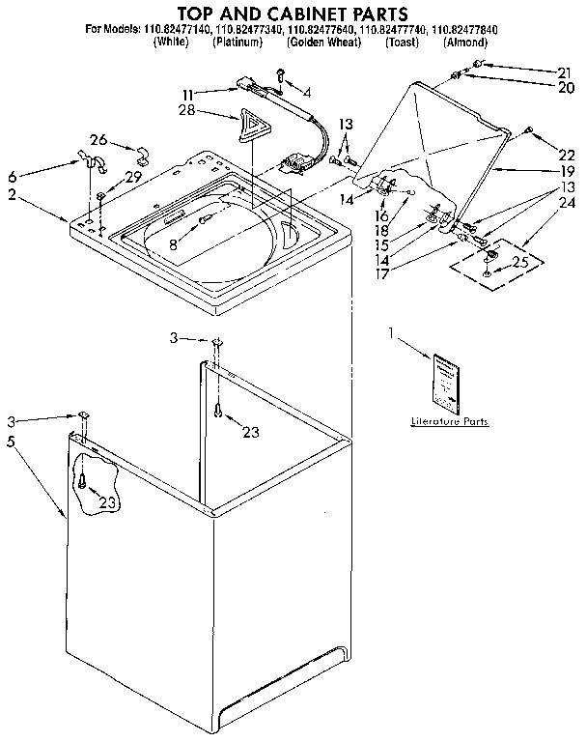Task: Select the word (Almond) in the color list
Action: [x=466, y=43]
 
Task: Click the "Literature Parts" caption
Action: [x=449, y=422]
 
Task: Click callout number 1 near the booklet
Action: [x=391, y=332]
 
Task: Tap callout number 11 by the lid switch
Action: [x=189, y=93]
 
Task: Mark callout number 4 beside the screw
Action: [x=306, y=93]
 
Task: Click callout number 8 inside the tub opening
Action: [x=174, y=245]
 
